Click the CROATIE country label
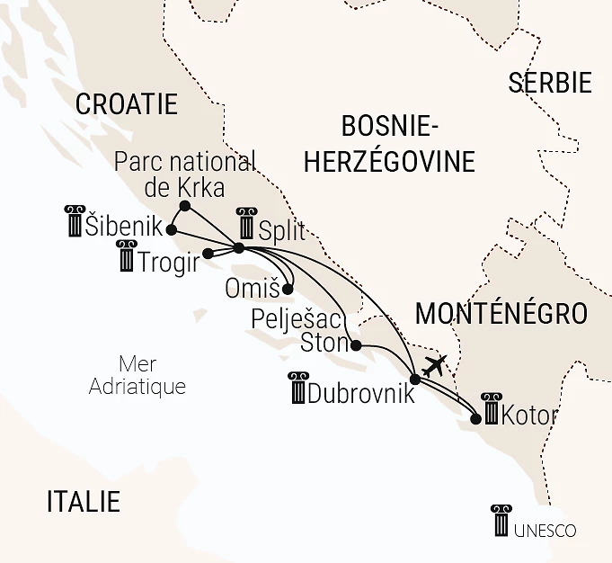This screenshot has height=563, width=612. [x=126, y=104]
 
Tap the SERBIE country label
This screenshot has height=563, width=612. [x=550, y=83]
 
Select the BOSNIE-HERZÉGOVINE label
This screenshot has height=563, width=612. [x=389, y=143]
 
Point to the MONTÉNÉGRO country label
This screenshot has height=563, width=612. [x=501, y=313]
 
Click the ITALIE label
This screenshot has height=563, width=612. [x=83, y=502]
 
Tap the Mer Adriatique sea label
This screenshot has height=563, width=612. [x=137, y=375]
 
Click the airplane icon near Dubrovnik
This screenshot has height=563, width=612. [x=435, y=366]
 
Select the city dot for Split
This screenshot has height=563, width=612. [x=238, y=248]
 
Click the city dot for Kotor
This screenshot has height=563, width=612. [x=475, y=418]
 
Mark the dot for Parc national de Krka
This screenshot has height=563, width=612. [x=184, y=206]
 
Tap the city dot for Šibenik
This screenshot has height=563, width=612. [x=171, y=229]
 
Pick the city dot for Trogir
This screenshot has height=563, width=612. [x=207, y=254]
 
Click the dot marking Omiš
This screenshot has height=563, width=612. [x=288, y=290]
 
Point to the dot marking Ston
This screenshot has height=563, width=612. [x=356, y=345]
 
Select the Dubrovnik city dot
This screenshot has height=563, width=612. [x=413, y=379]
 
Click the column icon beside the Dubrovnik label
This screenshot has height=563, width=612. [x=297, y=388]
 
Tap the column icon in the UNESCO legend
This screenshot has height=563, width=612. [x=501, y=522]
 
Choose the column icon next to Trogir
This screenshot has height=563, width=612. [x=127, y=257]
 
